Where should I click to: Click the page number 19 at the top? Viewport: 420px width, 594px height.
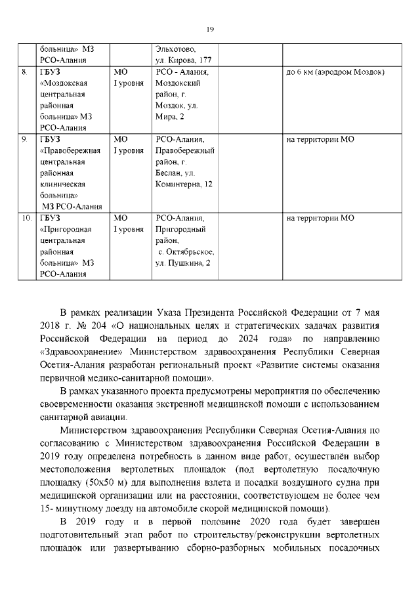210,30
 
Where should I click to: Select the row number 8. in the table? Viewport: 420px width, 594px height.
24,71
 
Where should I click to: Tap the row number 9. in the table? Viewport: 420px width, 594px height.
24,140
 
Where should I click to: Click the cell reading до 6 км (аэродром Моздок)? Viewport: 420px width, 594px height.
335,71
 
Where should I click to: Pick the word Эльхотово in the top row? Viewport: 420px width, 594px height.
175,49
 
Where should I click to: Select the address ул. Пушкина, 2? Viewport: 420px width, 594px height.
183,263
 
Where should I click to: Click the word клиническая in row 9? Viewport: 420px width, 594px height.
66,184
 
